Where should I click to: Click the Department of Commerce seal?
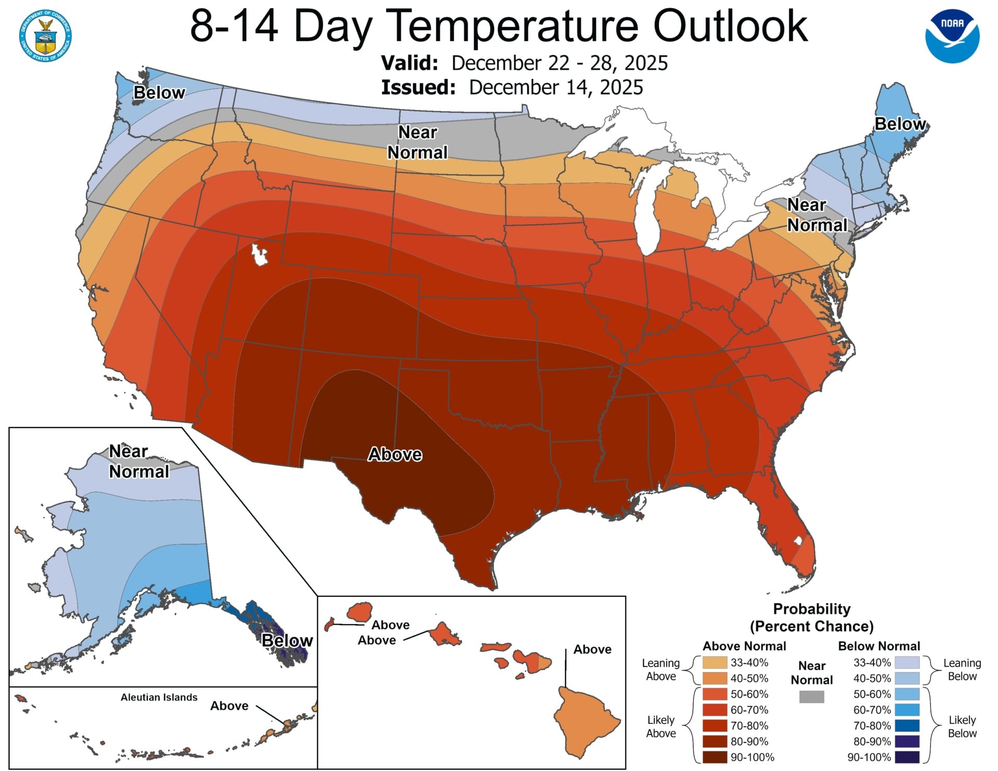[x=46, y=35]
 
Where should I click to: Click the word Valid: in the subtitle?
[x=410, y=63]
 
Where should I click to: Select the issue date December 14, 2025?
[x=556, y=87]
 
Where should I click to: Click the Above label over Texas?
[x=395, y=455]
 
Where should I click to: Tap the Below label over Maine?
[x=900, y=124]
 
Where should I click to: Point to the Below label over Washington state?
[x=159, y=92]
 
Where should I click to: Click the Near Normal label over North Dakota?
[x=417, y=142]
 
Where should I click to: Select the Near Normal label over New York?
[x=817, y=215]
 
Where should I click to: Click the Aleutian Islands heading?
[x=159, y=697]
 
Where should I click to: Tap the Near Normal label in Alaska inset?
[x=139, y=461]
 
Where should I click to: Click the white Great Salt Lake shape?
[x=259, y=255]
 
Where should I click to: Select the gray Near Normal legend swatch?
[x=811, y=697]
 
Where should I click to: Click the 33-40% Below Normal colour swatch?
[x=907, y=662]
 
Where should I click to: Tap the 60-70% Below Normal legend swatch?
[x=907, y=710]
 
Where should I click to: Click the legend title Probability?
[x=811, y=608]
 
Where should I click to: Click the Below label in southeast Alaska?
[x=287, y=641]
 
